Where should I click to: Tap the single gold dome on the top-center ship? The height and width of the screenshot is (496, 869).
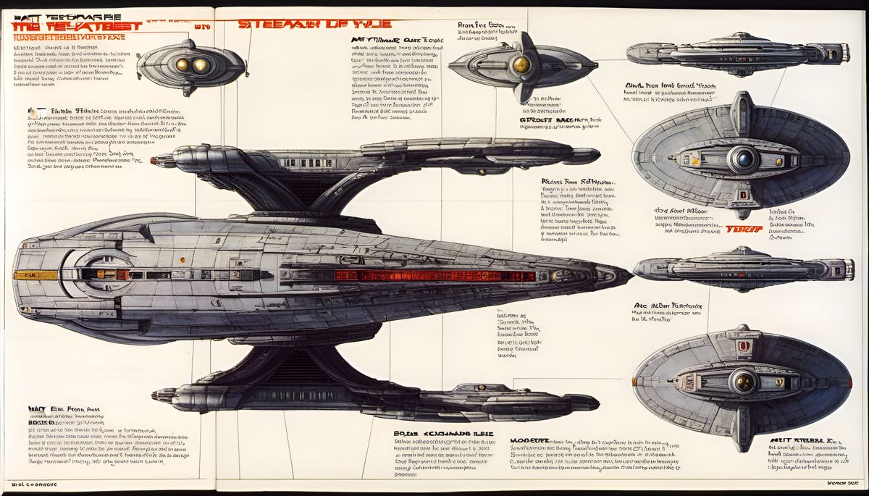tap(521, 65)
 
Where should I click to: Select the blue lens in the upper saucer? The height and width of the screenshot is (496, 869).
tap(744, 158)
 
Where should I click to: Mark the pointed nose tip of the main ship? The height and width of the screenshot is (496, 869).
tap(629, 274)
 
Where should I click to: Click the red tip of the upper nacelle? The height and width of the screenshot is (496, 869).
tap(154, 160)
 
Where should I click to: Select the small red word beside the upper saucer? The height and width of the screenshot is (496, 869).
tap(744, 229)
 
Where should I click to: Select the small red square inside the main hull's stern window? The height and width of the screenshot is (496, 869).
tap(123, 275)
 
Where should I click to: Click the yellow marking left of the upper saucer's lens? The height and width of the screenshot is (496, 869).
tap(701, 156)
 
